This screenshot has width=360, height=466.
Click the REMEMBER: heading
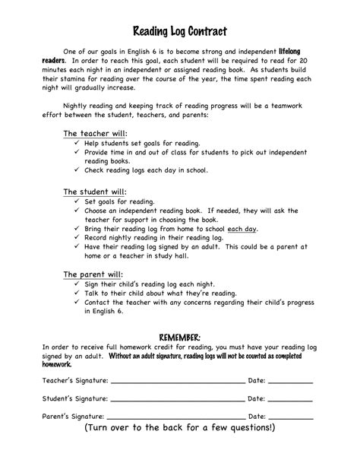click(179, 336)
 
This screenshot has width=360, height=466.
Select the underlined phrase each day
click(243, 227)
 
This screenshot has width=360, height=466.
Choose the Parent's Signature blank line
click(176, 417)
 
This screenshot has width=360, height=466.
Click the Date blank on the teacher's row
click(290, 379)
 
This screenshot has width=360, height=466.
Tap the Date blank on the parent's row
click(290, 417)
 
